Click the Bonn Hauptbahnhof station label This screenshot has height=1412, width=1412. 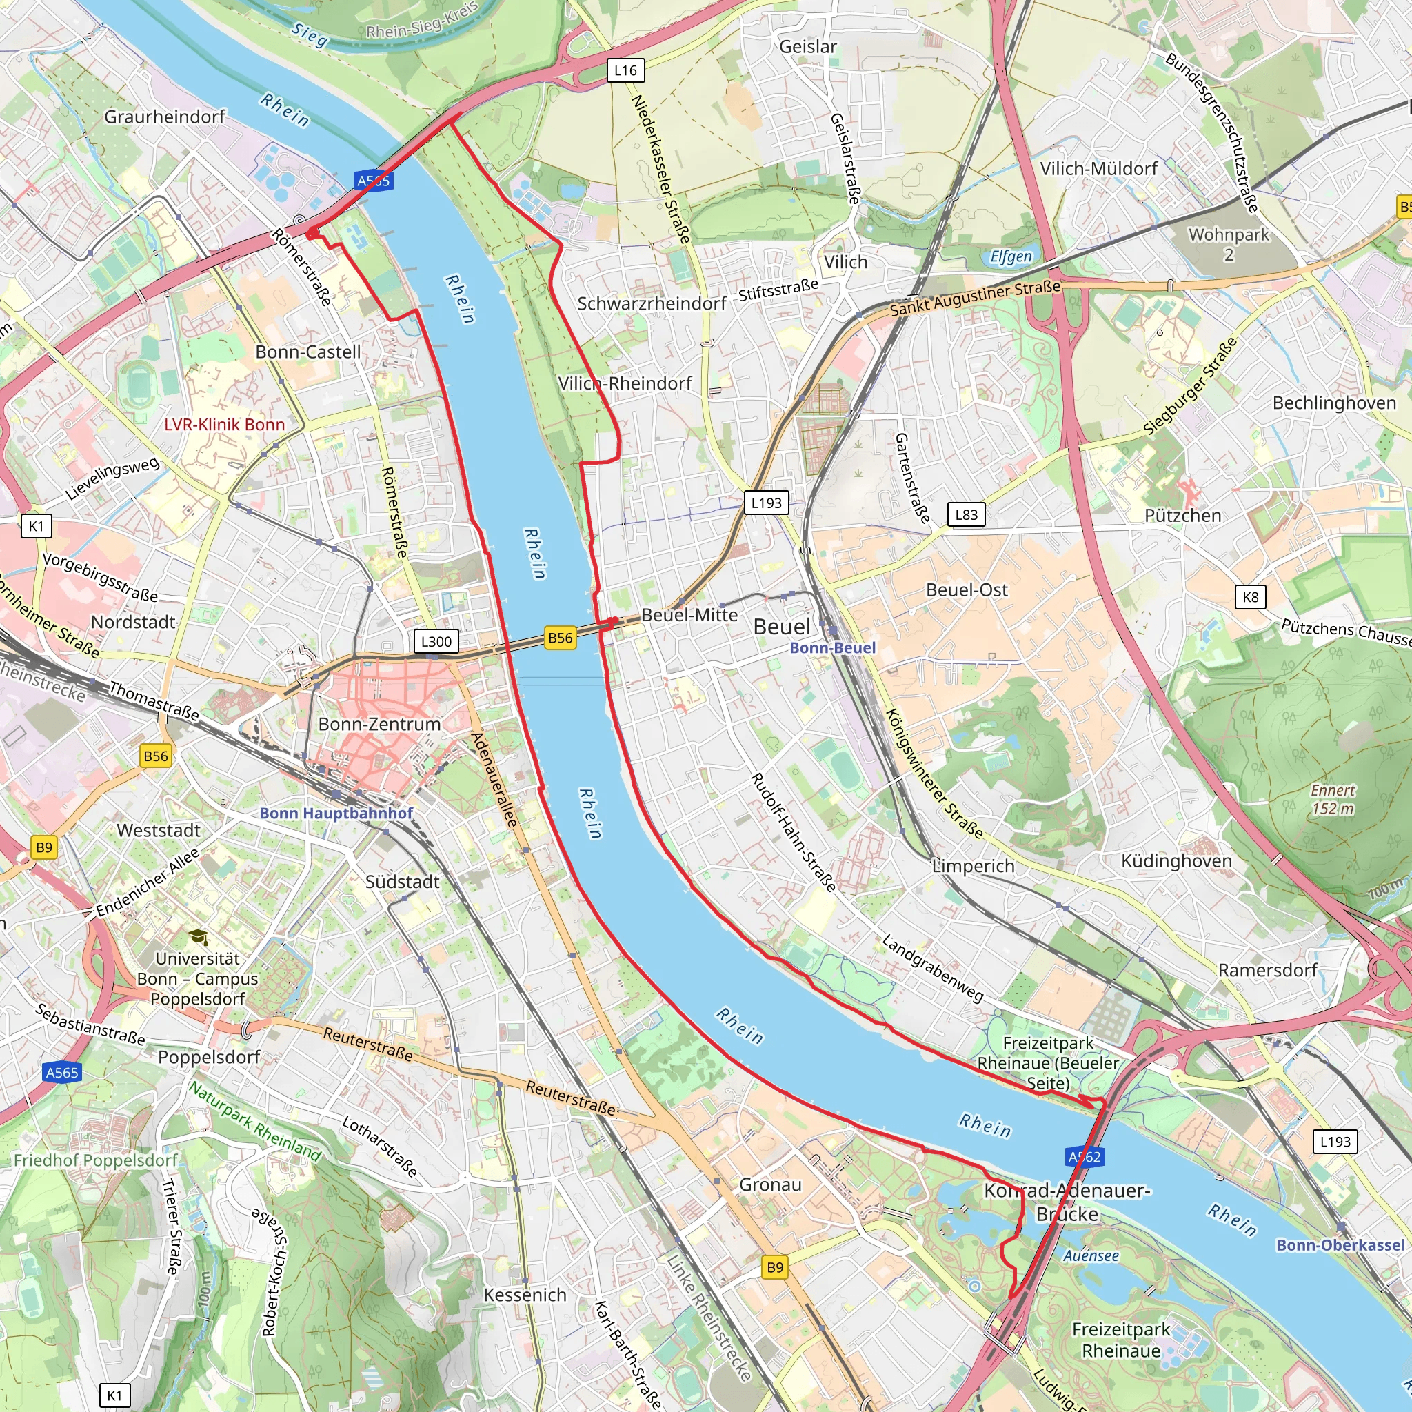(x=336, y=814)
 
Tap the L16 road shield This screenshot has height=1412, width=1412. (x=625, y=70)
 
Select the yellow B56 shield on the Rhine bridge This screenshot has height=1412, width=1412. (x=561, y=637)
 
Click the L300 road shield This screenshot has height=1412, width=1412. (x=436, y=641)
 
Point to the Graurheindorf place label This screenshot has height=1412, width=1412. (x=165, y=117)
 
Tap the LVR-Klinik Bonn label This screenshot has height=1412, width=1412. (x=224, y=425)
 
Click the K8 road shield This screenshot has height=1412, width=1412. (x=1251, y=596)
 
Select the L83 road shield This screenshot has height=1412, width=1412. (x=966, y=514)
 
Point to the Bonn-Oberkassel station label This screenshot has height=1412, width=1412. (x=1340, y=1245)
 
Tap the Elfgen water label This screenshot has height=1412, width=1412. (x=1011, y=256)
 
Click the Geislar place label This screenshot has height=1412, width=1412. (x=807, y=47)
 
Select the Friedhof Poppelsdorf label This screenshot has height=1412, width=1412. (x=96, y=1160)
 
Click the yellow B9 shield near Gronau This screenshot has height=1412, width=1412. (x=776, y=1267)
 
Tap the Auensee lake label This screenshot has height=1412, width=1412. (x=1091, y=1255)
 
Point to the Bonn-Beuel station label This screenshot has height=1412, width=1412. (x=832, y=648)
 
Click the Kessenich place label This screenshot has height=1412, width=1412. (x=525, y=1295)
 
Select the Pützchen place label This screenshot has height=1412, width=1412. (x=1182, y=516)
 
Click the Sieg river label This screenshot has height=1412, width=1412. (x=309, y=34)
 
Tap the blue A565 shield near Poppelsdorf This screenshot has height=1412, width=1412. (x=62, y=1073)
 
